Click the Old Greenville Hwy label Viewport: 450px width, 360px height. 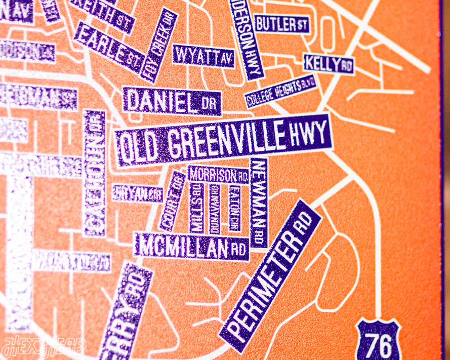coord(223,139)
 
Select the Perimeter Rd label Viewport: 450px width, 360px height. coord(271,275)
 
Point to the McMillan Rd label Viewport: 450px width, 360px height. coord(192,247)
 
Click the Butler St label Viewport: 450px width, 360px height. coord(281,24)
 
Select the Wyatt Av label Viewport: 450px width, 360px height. coord(203,56)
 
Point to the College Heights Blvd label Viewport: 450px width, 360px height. coord(281,91)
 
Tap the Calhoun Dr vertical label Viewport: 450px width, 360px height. coord(95,173)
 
